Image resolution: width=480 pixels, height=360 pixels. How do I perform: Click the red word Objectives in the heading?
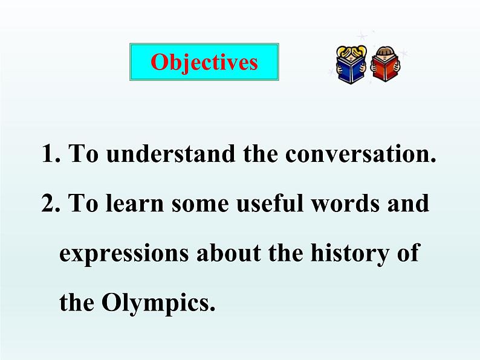[x=204, y=63]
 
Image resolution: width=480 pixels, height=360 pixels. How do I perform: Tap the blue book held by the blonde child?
[x=351, y=69]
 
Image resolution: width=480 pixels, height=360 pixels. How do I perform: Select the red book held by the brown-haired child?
[x=384, y=69]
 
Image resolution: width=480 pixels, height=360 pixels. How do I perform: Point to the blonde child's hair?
[x=351, y=51]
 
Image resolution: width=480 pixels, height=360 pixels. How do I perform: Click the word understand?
[x=171, y=153]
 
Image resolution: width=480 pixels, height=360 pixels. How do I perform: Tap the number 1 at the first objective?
[x=48, y=153]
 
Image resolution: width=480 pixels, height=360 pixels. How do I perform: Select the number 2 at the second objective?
[x=48, y=202]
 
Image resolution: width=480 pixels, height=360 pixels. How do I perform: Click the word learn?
[x=135, y=202]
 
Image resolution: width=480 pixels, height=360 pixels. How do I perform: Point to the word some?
[x=200, y=205]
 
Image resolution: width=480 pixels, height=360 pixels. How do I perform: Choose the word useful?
[x=270, y=202]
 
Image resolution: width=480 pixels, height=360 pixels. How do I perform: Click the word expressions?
[x=124, y=254]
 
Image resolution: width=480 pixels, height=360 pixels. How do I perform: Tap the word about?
[x=229, y=252]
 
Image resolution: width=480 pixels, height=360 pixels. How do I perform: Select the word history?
[x=350, y=254]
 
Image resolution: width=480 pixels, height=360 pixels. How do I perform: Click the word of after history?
[x=408, y=252]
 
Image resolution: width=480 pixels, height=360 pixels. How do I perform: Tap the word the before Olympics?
[x=77, y=302]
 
